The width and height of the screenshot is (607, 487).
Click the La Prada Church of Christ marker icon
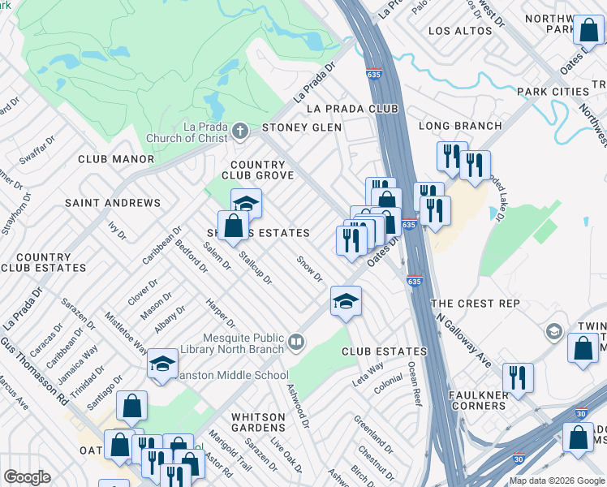coord(239,131)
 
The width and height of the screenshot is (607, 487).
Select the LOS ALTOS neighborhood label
coord(459,31)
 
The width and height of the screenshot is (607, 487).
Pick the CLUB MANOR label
coord(115,159)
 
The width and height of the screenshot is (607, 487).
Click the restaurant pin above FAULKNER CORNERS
coord(517,377)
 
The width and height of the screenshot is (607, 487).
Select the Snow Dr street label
coord(309,269)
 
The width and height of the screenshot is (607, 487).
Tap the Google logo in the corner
coord(27,477)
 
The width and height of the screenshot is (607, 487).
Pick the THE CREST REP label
coord(475,303)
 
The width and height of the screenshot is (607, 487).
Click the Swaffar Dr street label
coord(37,148)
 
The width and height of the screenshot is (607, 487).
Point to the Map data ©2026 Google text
coord(557,481)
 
